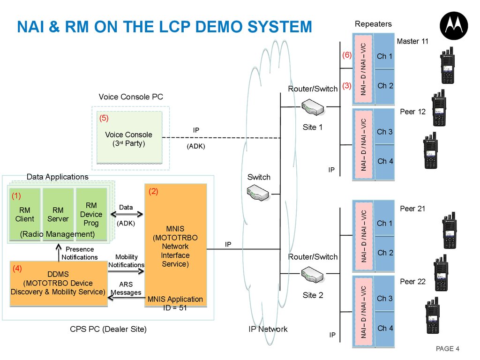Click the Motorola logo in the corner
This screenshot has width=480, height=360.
tap(454, 26)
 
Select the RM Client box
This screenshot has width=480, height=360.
tap(25, 214)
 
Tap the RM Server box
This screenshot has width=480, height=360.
tap(58, 214)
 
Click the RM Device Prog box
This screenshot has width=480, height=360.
tap(91, 214)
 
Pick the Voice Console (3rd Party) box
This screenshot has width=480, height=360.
tap(129, 137)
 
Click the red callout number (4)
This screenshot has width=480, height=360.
tap(17, 269)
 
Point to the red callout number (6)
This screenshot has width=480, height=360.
tap(347, 55)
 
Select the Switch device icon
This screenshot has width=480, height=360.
tap(258, 193)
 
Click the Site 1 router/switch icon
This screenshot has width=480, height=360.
tap(313, 107)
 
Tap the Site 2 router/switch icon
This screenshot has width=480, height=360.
tap(312, 274)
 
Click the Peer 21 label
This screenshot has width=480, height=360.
tap(412, 209)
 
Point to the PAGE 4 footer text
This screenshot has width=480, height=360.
tap(447, 349)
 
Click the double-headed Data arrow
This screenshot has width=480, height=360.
tap(127, 214)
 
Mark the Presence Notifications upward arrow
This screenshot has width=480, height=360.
tap(59, 253)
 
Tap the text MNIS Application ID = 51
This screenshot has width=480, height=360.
tap(175, 303)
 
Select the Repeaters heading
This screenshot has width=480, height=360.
tap(373, 24)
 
